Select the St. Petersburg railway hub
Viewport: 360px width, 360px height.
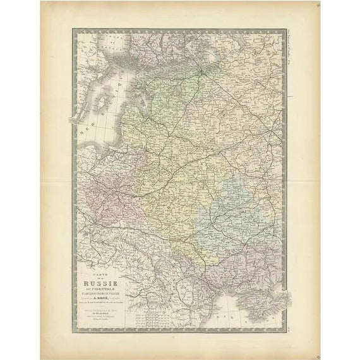201,71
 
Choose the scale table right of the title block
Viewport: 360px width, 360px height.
145,319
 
